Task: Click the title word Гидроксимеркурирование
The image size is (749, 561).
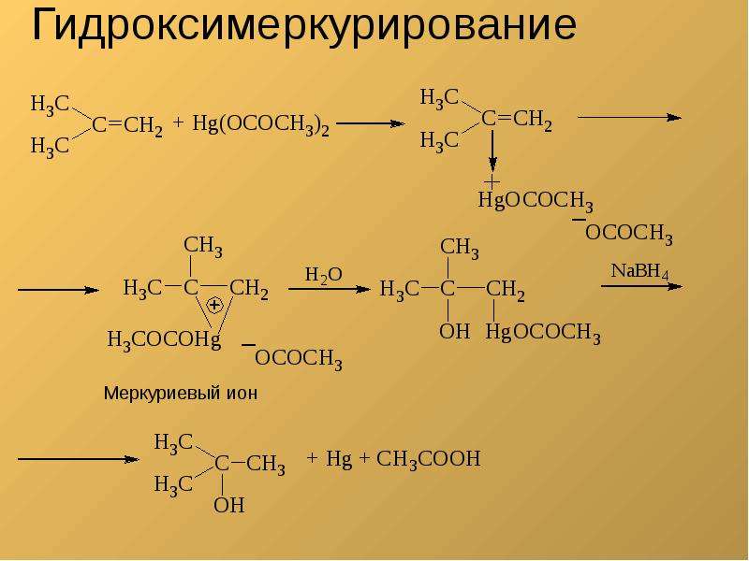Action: [304, 26]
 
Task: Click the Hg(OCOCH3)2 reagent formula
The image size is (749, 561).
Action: [261, 124]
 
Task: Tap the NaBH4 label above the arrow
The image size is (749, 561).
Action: [639, 271]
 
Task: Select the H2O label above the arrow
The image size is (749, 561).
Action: [323, 275]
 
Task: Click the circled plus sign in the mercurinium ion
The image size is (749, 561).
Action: [214, 305]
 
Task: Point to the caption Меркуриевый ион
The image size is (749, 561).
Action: [181, 394]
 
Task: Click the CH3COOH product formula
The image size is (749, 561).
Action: [428, 459]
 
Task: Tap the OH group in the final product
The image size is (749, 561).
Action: [228, 505]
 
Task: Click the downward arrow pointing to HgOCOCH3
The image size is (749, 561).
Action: [492, 151]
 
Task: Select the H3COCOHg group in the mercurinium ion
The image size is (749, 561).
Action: [164, 340]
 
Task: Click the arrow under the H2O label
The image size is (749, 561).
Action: [330, 289]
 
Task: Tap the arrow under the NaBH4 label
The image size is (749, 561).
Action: [642, 286]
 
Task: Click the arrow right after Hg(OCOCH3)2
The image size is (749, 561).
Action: [370, 124]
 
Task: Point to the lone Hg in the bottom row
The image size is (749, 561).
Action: [339, 459]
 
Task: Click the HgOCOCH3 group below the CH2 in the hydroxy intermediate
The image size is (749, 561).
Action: [543, 333]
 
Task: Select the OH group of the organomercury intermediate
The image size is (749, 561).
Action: [454, 331]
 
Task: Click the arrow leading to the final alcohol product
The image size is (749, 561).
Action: [79, 459]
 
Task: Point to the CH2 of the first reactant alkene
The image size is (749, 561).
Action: [143, 126]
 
